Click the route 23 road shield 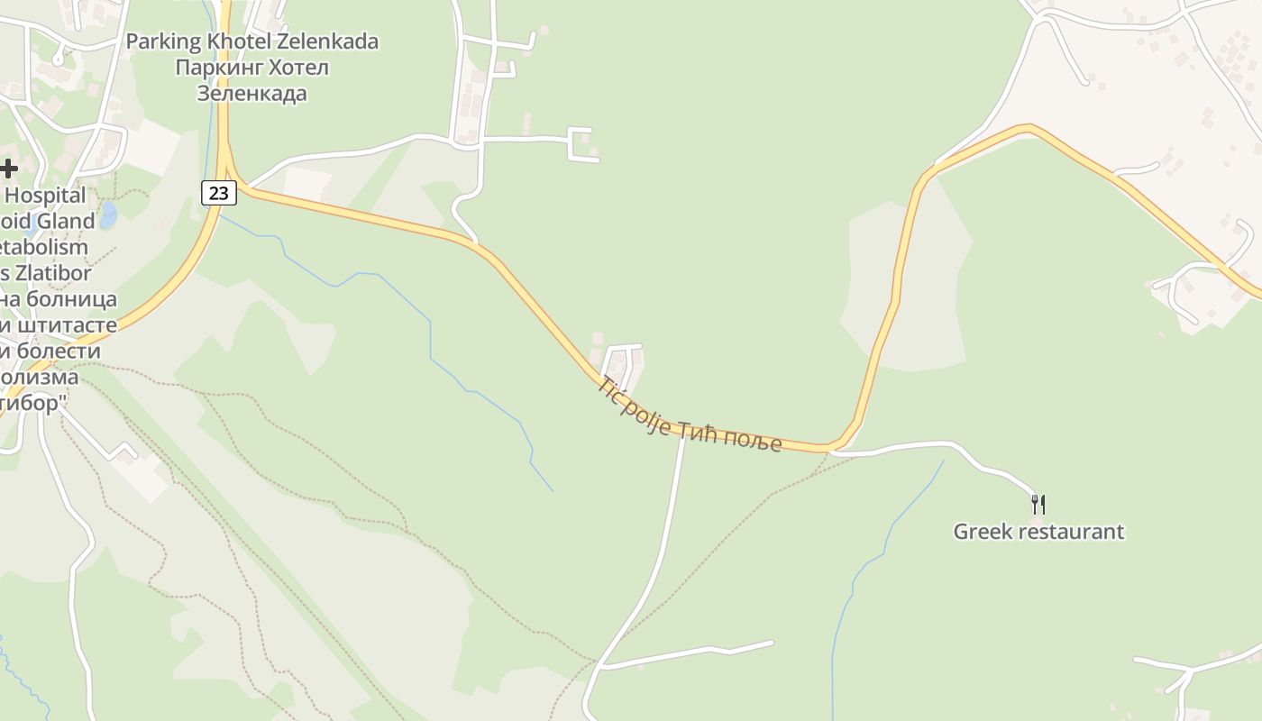click(x=218, y=192)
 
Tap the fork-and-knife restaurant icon click(x=1038, y=504)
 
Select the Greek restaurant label click(x=1038, y=532)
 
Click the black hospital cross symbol click(x=9, y=169)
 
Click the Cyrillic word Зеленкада click(x=251, y=94)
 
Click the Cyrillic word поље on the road click(x=751, y=438)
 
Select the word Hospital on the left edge click(x=46, y=196)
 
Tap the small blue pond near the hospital click(x=109, y=215)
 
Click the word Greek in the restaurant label click(x=983, y=532)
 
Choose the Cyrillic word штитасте click(x=69, y=324)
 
